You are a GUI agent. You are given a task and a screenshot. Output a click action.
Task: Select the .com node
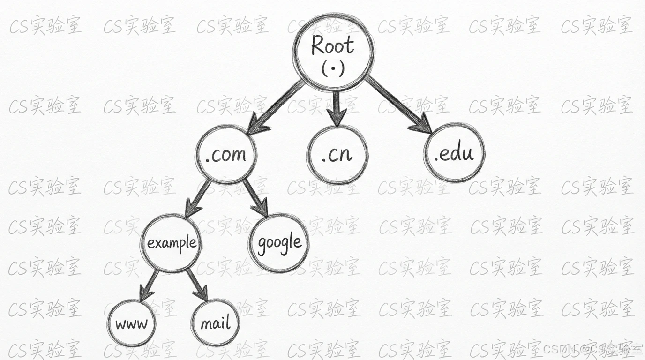pos(226,154)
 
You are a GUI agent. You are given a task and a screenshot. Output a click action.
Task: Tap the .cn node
pos(337,154)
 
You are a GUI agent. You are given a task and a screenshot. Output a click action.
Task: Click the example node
pos(171,243)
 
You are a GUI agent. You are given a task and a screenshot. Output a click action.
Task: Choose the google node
pos(280,243)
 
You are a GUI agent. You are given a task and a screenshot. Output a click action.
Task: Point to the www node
pos(131,323)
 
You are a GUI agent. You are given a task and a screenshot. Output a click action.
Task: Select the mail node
pos(216,323)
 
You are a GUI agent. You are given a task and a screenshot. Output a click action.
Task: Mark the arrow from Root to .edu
pos(398,105)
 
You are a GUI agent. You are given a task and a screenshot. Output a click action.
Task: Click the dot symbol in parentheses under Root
pos(334,68)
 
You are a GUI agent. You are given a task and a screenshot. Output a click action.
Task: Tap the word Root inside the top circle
pos(333,46)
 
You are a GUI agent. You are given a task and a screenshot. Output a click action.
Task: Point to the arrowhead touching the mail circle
pos(202,294)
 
